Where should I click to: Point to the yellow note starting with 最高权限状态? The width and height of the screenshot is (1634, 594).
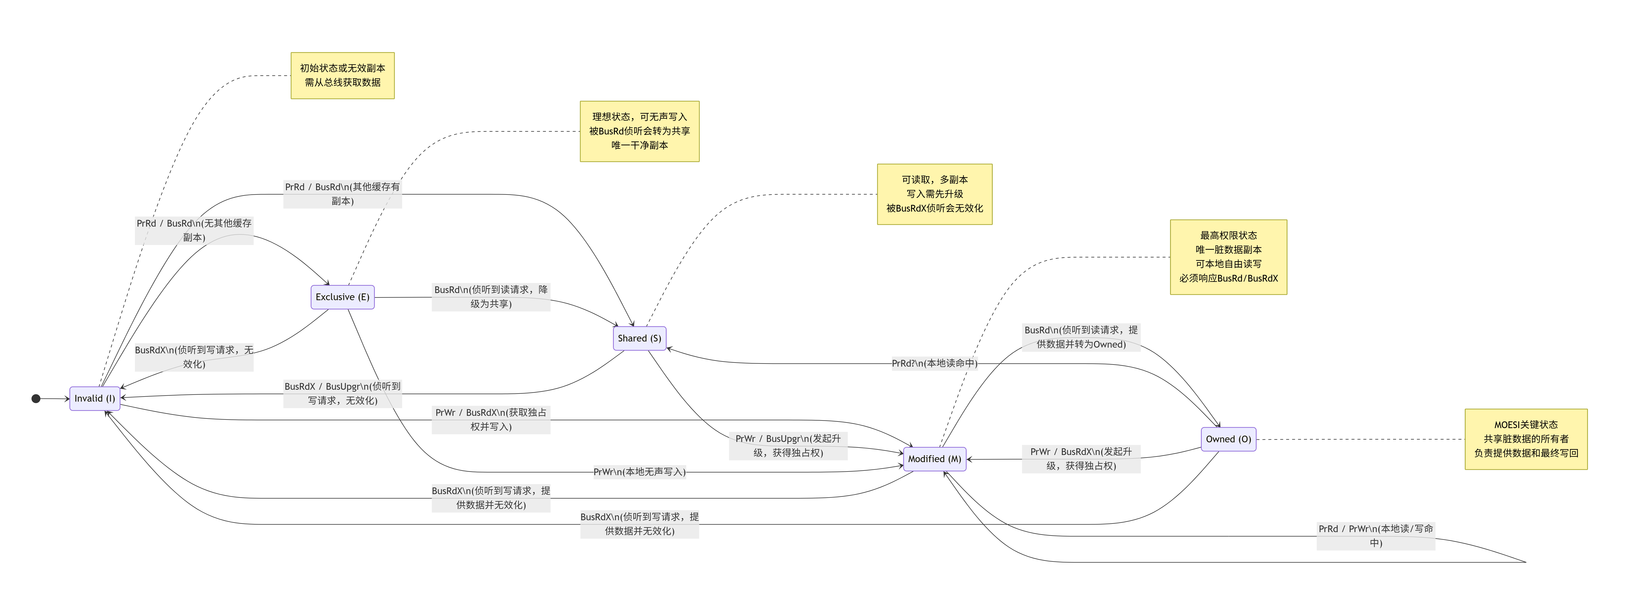tap(1228, 257)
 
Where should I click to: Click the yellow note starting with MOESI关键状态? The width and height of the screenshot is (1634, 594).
tap(1526, 439)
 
